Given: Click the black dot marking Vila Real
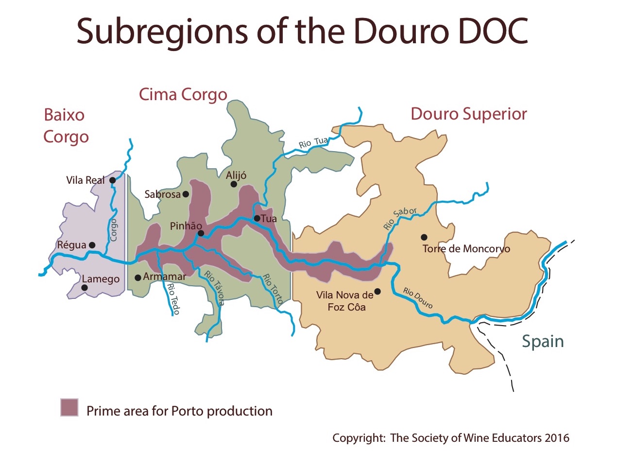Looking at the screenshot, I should click(112, 180).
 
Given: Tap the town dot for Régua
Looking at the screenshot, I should click(92, 245).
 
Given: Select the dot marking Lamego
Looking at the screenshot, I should click(85, 288).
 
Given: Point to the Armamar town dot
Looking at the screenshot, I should click(138, 278).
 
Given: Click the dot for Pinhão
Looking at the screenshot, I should click(201, 234).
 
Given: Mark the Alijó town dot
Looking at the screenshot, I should click(234, 184).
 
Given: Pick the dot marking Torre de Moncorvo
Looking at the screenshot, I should click(424, 237).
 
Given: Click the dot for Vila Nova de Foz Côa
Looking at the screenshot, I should click(377, 292).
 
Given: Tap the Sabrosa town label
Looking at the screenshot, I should click(162, 194).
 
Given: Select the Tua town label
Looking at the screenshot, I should click(269, 219).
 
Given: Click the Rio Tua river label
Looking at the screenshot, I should click(314, 142).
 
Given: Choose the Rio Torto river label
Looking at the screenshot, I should click(272, 290).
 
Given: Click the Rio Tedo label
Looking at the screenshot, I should click(172, 299).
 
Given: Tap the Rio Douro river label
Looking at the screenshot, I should click(418, 297).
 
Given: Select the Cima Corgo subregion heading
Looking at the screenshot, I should click(183, 94).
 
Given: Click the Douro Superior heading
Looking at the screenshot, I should click(469, 114).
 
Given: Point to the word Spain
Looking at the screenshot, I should click(543, 341).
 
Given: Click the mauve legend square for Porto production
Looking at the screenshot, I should click(69, 407).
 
